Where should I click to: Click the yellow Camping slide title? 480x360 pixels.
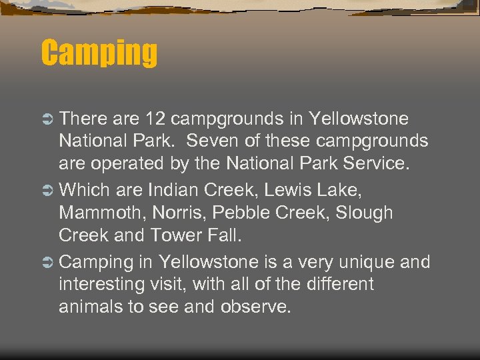click(x=99, y=53)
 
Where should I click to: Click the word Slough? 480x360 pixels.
click(x=365, y=214)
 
